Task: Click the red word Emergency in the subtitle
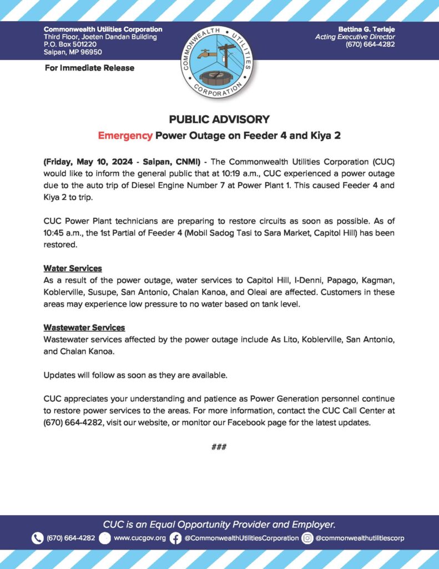(x=125, y=135)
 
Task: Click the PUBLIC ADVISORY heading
(x=219, y=119)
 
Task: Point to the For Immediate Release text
(x=89, y=68)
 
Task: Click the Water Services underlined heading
(x=73, y=268)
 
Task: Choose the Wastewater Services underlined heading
(x=84, y=327)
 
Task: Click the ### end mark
(x=219, y=447)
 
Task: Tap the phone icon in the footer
(x=37, y=538)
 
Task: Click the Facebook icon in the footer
(x=175, y=538)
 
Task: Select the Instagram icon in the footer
(x=307, y=538)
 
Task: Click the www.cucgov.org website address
(x=140, y=538)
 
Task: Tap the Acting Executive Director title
(x=355, y=37)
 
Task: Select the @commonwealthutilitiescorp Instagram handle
(x=360, y=538)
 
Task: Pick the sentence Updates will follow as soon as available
(x=135, y=375)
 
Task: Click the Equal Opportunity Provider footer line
(x=219, y=524)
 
